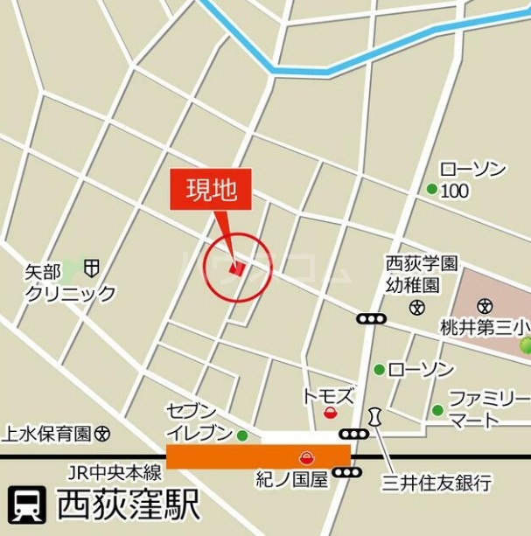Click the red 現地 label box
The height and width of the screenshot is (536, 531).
(x=210, y=189)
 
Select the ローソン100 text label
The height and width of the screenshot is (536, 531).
(x=472, y=180)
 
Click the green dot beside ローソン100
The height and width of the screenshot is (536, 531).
(x=431, y=189)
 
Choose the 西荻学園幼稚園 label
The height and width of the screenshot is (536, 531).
(x=423, y=273)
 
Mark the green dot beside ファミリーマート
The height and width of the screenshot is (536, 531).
(x=437, y=410)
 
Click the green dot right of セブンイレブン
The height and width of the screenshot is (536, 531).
(x=242, y=435)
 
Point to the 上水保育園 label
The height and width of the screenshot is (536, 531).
(x=47, y=432)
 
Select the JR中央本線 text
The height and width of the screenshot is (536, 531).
(x=115, y=473)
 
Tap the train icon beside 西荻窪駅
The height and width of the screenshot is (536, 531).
(x=27, y=505)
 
